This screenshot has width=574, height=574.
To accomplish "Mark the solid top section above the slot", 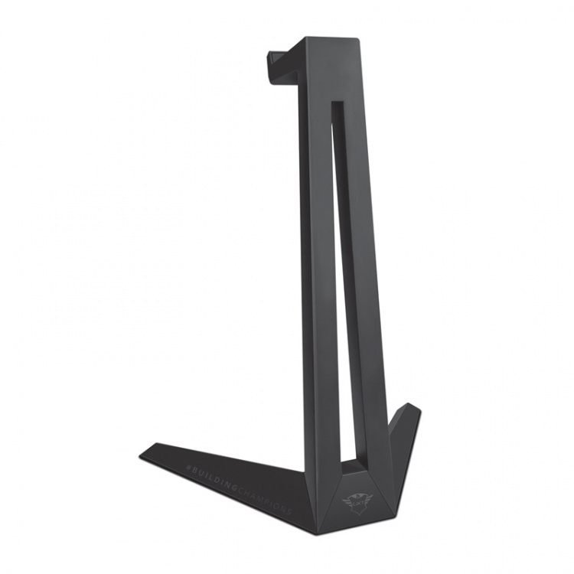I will [329, 69].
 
